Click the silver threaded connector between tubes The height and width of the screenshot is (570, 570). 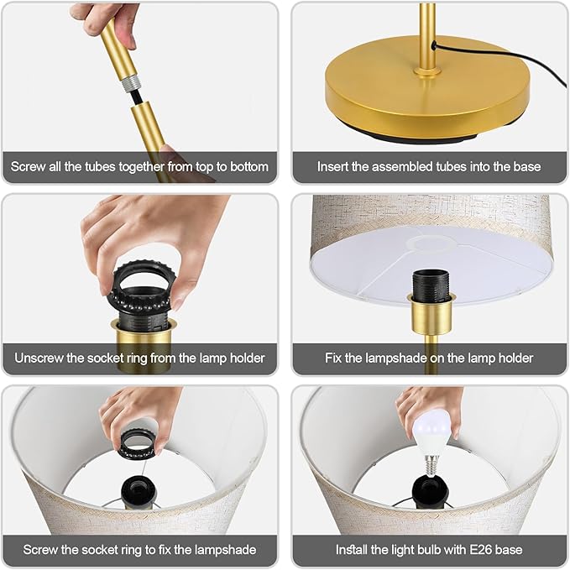click(131, 84)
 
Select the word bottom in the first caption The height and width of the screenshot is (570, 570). click(249, 166)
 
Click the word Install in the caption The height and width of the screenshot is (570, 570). click(352, 549)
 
